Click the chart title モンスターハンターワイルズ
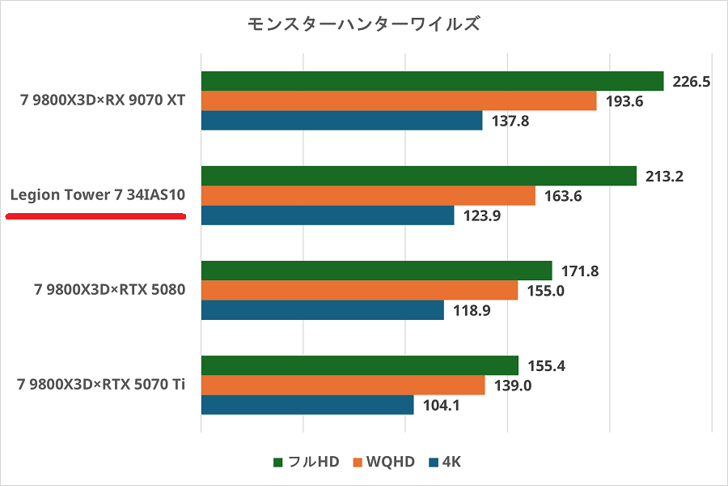click(364, 23)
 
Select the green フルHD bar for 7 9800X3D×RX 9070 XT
click(432, 81)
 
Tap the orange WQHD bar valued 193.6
click(398, 100)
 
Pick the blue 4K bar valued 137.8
click(341, 121)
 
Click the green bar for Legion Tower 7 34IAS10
click(418, 176)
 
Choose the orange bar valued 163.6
click(368, 196)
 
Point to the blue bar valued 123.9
click(327, 215)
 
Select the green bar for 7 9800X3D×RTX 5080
click(376, 271)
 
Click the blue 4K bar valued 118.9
click(322, 310)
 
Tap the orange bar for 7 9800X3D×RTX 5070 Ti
click(342, 386)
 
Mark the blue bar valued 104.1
click(307, 405)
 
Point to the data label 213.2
click(663, 177)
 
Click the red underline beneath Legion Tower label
click(96, 216)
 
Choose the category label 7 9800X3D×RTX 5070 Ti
click(101, 384)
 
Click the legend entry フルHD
click(305, 462)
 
